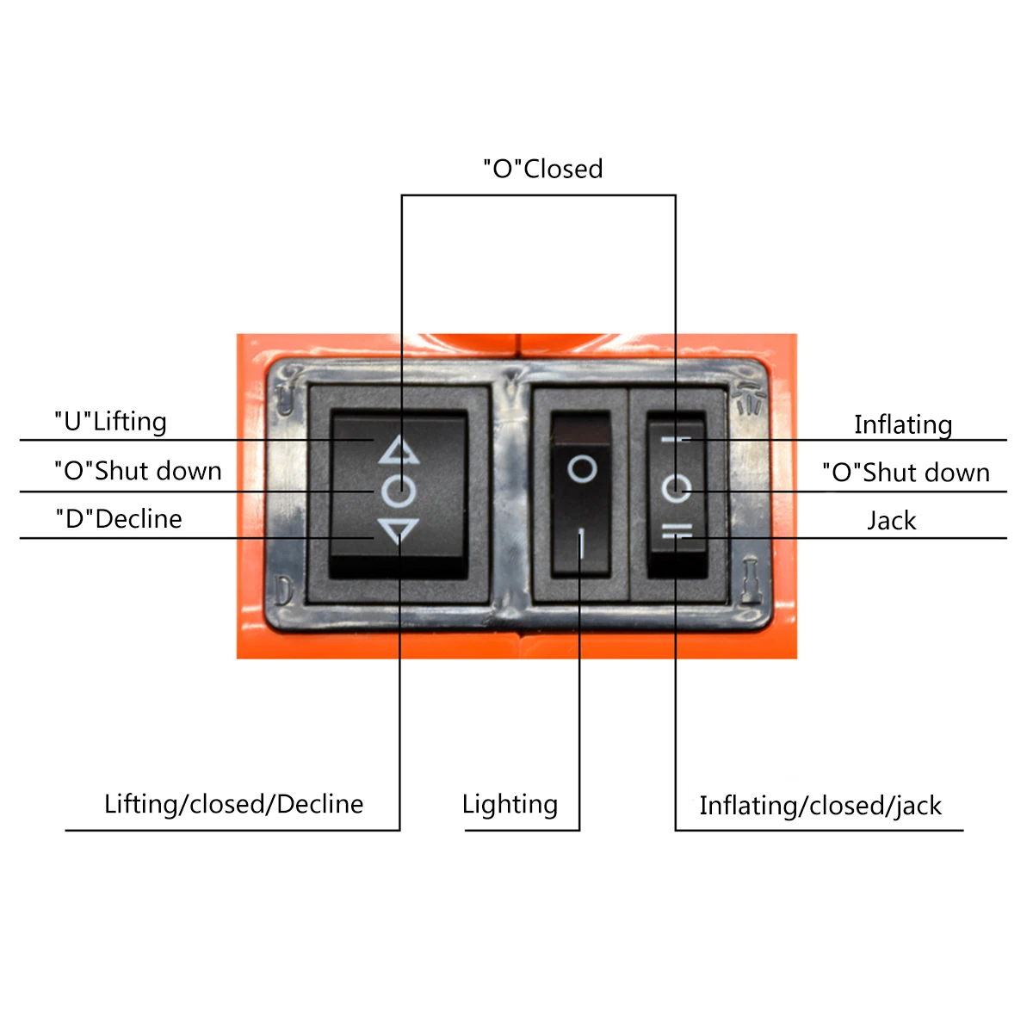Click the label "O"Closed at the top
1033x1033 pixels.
coord(542,169)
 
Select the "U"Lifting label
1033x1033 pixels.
coord(110,422)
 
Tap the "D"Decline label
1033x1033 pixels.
coord(119,519)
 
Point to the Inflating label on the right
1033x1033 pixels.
coord(903,424)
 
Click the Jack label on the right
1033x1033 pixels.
coord(892,521)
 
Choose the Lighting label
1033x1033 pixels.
coord(510,804)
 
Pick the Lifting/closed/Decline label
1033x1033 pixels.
coord(233,804)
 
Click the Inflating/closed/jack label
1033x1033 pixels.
coord(820,806)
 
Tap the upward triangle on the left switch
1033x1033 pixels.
coord(399,450)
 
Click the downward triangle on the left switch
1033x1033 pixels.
coord(399,530)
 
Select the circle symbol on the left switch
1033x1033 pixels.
coord(399,491)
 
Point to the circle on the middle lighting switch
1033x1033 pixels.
coord(582,469)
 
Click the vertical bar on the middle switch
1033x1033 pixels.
coord(581,544)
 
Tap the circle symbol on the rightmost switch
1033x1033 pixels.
coord(676,489)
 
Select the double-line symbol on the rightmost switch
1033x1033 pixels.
coord(677,535)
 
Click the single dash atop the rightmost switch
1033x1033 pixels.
coord(676,439)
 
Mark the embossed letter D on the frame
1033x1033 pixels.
coord(283,590)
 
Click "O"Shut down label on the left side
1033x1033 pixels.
coord(138,471)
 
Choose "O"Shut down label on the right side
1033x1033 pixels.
coord(906,473)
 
